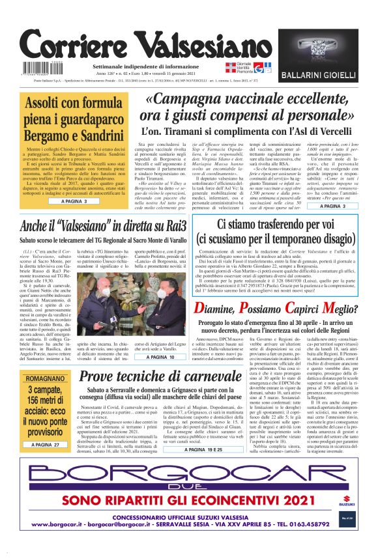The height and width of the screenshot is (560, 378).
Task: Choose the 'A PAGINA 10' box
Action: pos(160,357)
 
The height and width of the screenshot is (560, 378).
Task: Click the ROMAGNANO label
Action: pos(40,378)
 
